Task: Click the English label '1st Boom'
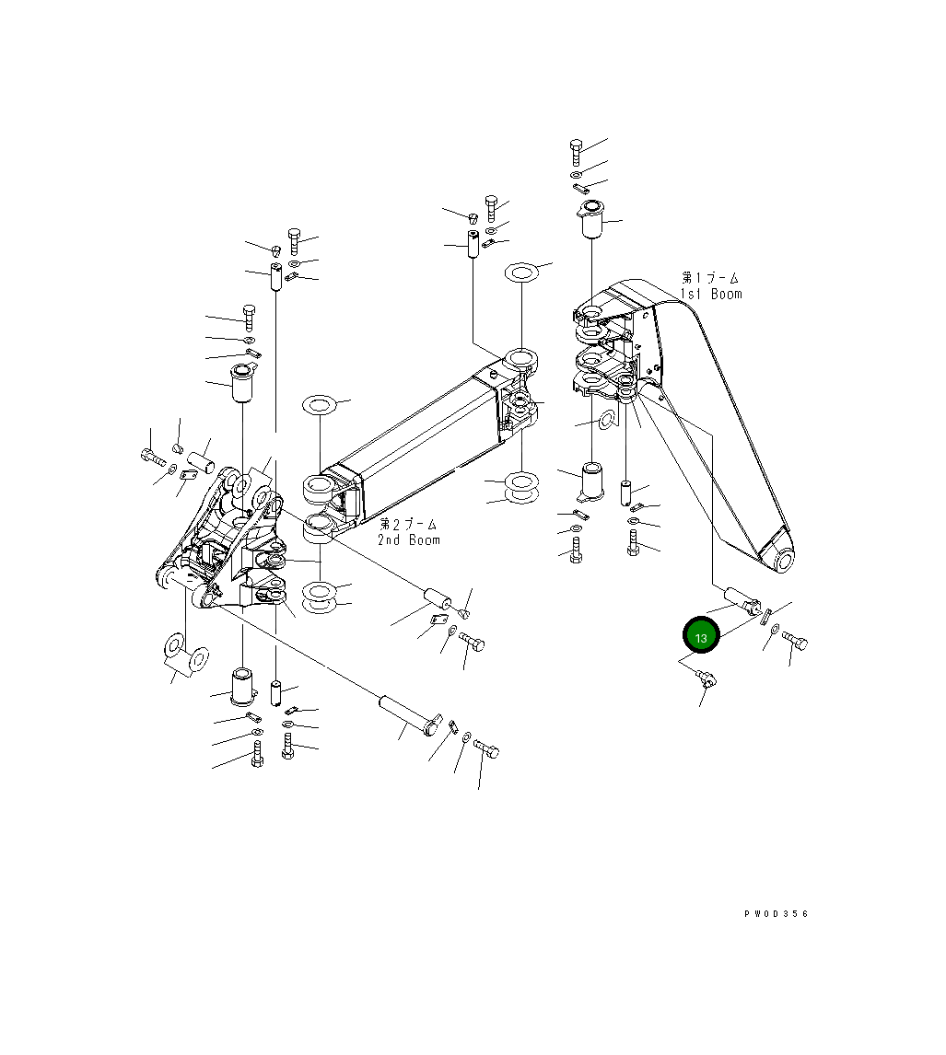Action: pyautogui.click(x=710, y=294)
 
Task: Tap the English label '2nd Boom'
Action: pyautogui.click(x=408, y=539)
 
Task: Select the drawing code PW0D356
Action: pyautogui.click(x=776, y=914)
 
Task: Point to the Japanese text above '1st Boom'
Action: pyautogui.click(x=710, y=277)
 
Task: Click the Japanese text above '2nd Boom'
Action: pyautogui.click(x=408, y=523)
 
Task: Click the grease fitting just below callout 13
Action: pyautogui.click(x=707, y=680)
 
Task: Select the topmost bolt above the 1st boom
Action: pyautogui.click(x=576, y=151)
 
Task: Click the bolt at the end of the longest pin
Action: pyautogui.click(x=487, y=749)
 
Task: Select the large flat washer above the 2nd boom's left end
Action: pyautogui.click(x=320, y=404)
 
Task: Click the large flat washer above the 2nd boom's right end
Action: pyautogui.click(x=521, y=273)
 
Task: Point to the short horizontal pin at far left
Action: pyautogui.click(x=201, y=458)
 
